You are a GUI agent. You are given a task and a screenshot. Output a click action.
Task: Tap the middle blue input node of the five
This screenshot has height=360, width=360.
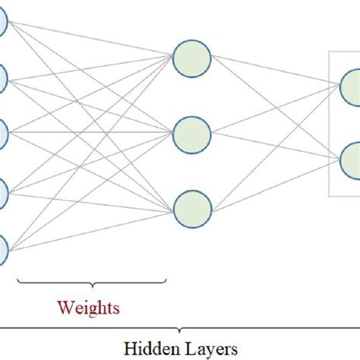2,134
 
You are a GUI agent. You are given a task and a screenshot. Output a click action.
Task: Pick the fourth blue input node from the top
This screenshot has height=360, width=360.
2,188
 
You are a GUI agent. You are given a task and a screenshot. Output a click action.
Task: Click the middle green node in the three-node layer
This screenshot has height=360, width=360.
191,134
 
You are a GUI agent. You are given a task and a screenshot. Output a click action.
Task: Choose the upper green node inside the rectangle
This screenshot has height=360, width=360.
351,85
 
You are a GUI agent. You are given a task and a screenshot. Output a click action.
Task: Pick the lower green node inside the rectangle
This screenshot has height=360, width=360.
351,161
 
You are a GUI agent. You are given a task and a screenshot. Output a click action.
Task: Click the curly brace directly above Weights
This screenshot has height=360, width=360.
90,286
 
